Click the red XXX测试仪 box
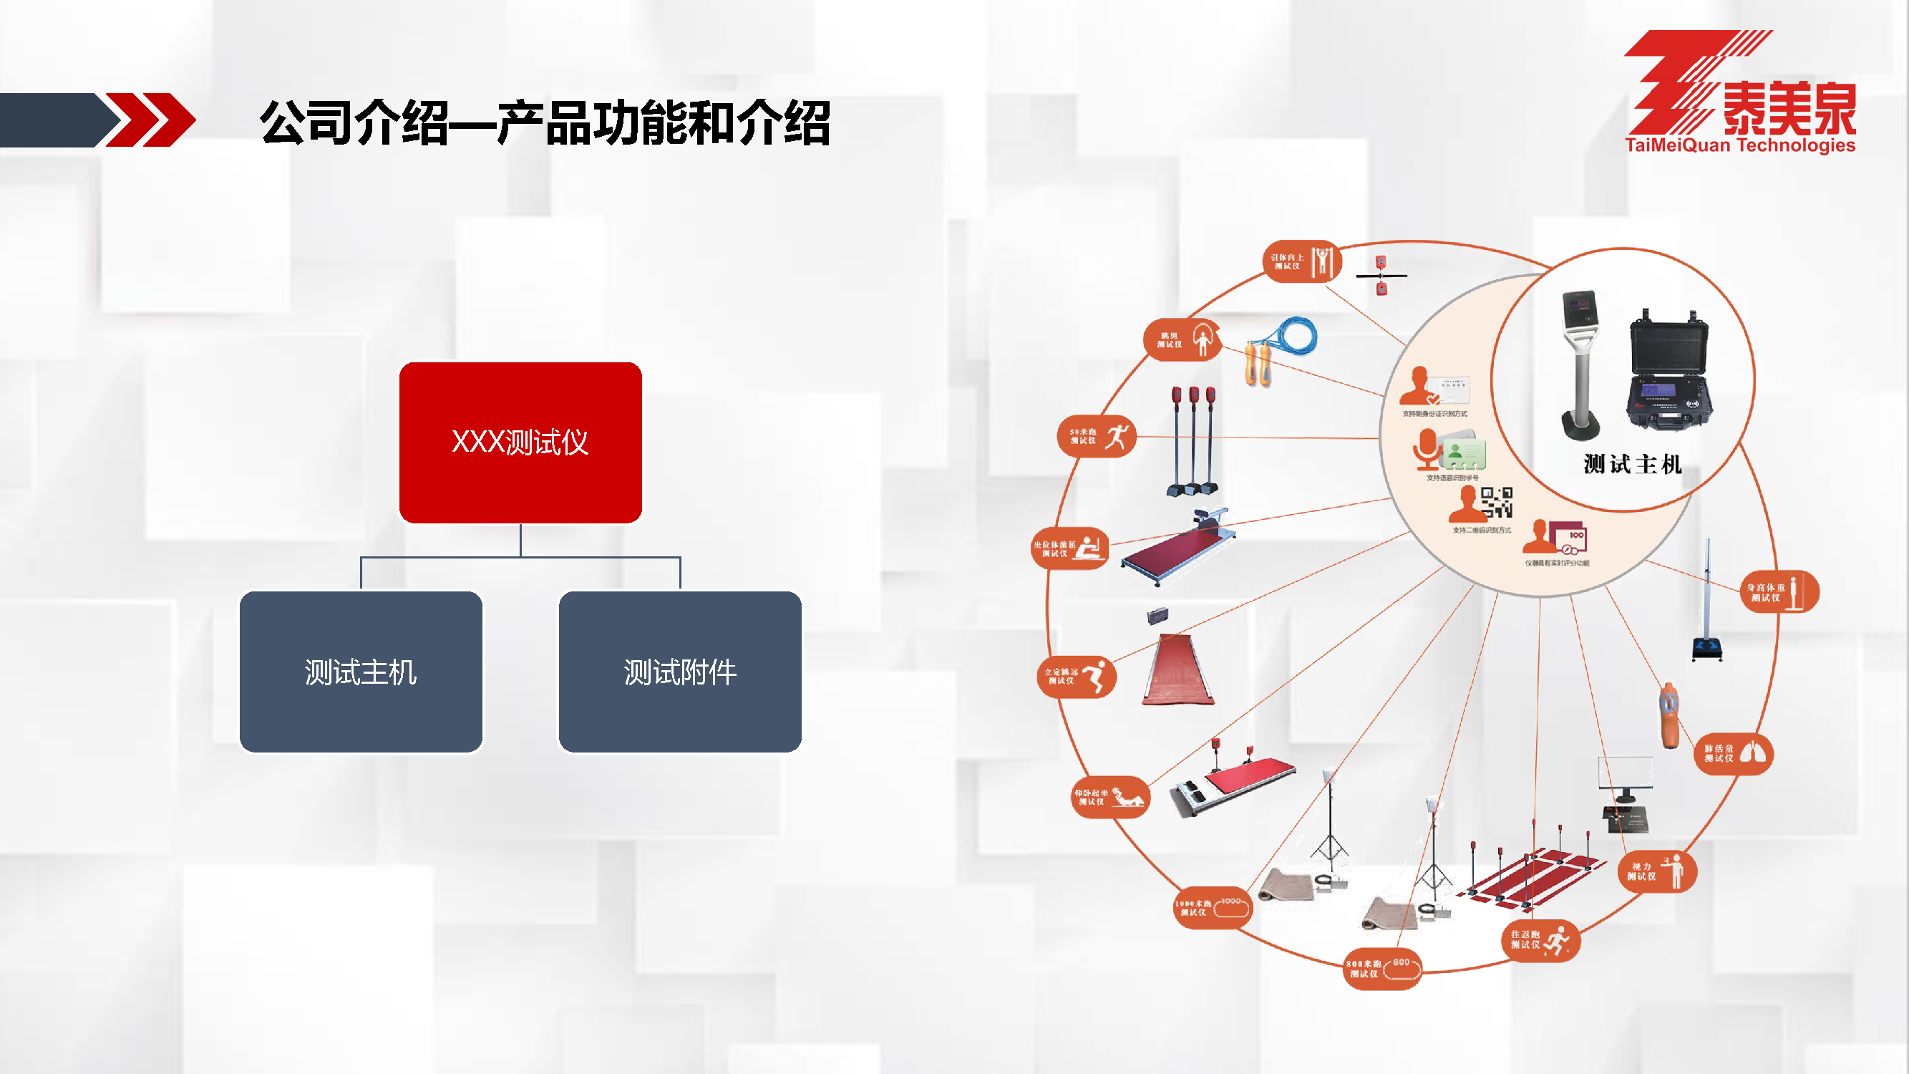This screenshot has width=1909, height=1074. click(x=520, y=442)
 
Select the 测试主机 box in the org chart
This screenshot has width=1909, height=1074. click(x=361, y=672)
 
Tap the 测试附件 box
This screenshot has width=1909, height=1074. click(x=679, y=672)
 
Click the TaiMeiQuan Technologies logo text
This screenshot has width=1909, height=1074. click(x=1739, y=145)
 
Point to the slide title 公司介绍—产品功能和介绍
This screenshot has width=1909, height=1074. click(x=545, y=123)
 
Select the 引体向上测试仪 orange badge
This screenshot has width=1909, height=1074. click(x=1301, y=261)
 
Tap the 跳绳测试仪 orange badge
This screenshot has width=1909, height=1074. click(x=1182, y=340)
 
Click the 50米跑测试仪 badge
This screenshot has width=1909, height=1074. click(x=1096, y=437)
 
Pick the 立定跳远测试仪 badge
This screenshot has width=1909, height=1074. click(x=1076, y=677)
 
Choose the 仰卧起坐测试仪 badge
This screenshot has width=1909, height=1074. click(x=1110, y=798)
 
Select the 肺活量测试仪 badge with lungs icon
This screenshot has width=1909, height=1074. click(x=1734, y=754)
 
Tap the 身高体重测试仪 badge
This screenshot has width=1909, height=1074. click(x=1779, y=592)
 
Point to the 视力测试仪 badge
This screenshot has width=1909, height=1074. click(x=1656, y=871)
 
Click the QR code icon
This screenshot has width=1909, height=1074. click(x=1496, y=502)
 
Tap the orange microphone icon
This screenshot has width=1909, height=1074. click(x=1425, y=448)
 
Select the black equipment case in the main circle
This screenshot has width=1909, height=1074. click(x=1669, y=371)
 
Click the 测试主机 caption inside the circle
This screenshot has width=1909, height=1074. click(x=1633, y=465)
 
